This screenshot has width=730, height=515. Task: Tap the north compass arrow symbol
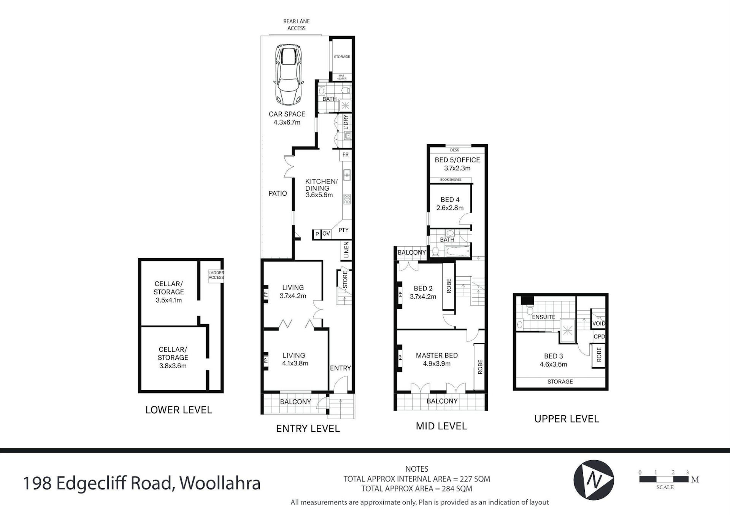click(x=594, y=480)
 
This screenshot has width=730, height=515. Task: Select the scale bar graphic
click(x=664, y=480)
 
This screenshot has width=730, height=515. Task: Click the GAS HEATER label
click(x=341, y=77)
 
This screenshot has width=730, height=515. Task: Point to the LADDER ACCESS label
click(x=216, y=275)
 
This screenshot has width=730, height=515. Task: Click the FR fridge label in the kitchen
click(x=345, y=155)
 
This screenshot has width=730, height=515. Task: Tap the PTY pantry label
click(x=343, y=230)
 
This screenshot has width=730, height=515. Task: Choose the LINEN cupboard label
click(x=346, y=250)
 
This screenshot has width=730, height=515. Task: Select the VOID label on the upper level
click(x=598, y=324)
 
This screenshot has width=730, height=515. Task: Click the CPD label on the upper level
click(x=599, y=336)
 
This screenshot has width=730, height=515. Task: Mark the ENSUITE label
click(x=543, y=317)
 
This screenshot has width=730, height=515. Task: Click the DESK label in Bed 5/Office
click(x=454, y=150)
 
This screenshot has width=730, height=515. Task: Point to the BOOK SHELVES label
click(x=451, y=180)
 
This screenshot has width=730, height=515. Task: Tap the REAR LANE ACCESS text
click(x=296, y=25)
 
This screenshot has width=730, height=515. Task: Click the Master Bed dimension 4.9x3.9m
click(x=436, y=364)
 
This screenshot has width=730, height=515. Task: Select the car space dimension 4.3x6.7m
click(x=287, y=123)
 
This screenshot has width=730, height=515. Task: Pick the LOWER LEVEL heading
click(x=178, y=410)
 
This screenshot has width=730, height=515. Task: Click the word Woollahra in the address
click(x=220, y=483)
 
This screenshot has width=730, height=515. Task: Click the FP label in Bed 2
click(x=400, y=294)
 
